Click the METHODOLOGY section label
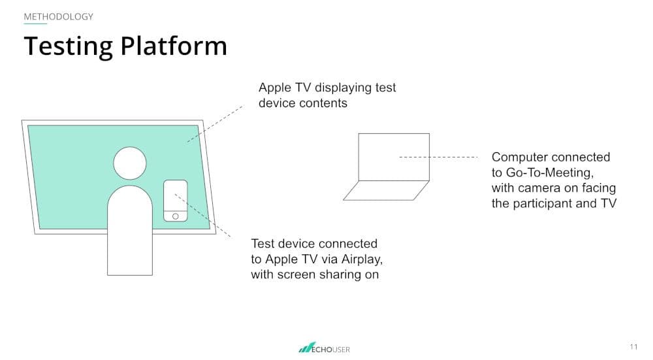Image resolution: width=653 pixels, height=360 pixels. [58, 17]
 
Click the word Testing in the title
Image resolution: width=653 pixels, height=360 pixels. [69, 46]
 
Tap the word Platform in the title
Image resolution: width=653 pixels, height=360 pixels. [174, 46]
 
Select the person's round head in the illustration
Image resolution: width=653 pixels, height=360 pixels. [130, 163]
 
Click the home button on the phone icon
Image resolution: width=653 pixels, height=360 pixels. [175, 216]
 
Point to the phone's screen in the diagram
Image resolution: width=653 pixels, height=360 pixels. [175, 196]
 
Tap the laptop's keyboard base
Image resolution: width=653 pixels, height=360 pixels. [386, 190]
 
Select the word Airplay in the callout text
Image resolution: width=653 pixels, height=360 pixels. [362, 259]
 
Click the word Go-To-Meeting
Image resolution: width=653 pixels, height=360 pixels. [549, 172]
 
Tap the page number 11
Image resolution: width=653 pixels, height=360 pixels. [633, 347]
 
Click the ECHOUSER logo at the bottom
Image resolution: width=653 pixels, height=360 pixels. [324, 348]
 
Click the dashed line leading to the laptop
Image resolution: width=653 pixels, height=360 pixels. [439, 157]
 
